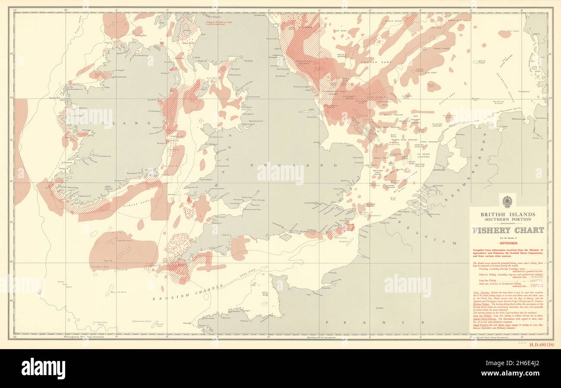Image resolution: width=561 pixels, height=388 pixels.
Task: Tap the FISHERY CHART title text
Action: [507, 230]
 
